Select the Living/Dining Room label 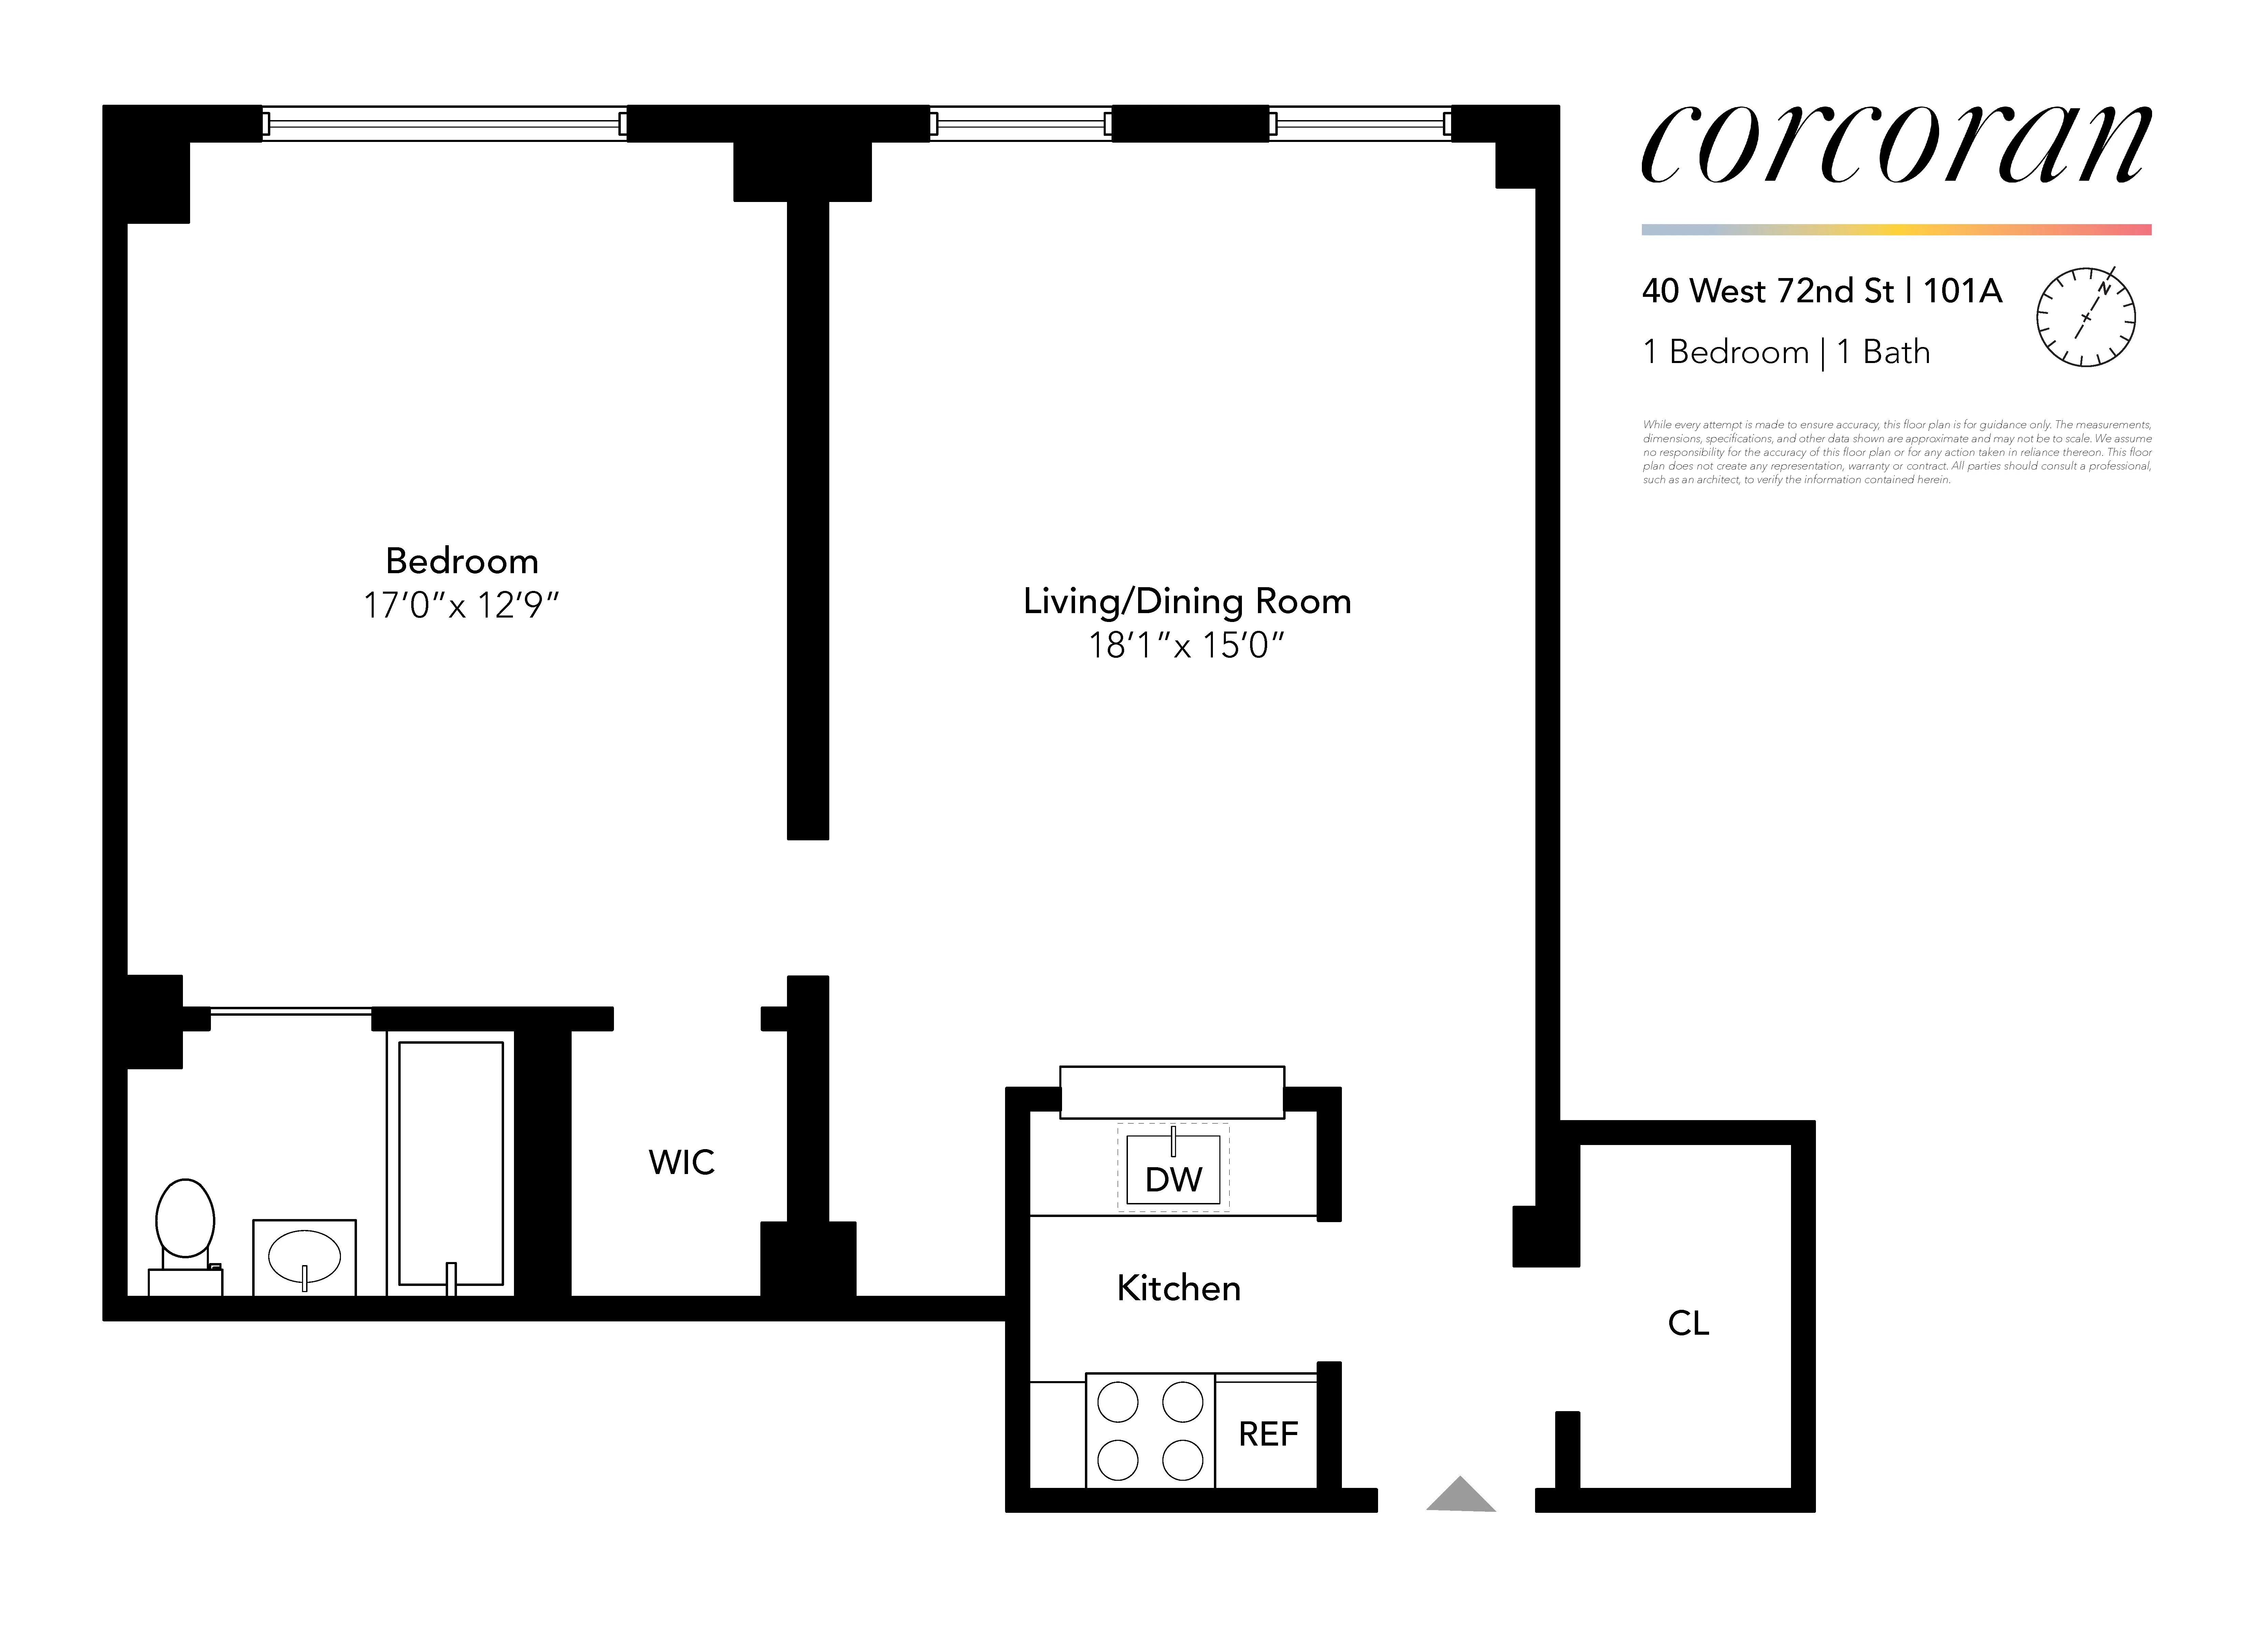1187,601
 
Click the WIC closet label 681,1162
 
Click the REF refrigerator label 1267,1434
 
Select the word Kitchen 1178,1288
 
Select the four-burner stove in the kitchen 1150,1431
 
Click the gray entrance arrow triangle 1461,1495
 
